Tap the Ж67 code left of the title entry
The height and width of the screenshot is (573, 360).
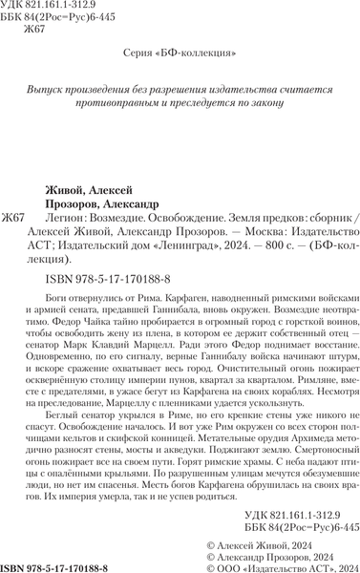tap(15, 219)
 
